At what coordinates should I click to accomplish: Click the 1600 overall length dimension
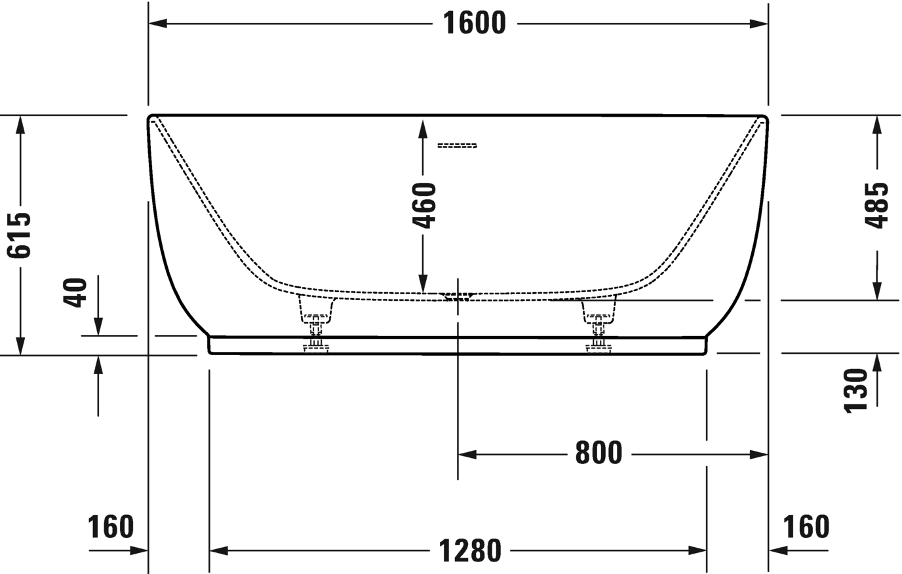475,24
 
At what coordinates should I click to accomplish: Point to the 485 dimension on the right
876,206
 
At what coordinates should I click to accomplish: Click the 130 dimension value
856,391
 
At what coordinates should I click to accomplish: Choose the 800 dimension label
598,453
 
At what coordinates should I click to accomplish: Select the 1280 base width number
471,550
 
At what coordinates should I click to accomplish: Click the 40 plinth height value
76,292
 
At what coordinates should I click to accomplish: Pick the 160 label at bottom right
806,526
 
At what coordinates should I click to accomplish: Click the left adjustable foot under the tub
316,324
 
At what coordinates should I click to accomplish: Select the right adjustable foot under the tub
598,324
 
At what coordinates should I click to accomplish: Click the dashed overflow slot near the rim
458,145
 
